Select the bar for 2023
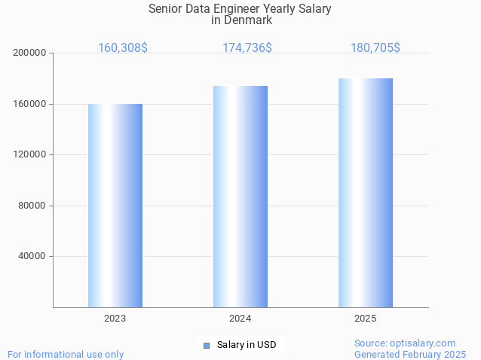[x=115, y=206]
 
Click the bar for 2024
[x=240, y=197]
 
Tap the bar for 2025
[x=366, y=193]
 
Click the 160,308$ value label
[x=123, y=48]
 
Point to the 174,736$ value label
[x=247, y=48]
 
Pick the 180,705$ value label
[x=375, y=48]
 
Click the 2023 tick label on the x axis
[x=115, y=319]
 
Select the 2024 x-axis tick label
[x=240, y=319]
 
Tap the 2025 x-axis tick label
[x=366, y=319]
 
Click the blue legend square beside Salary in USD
[x=207, y=346]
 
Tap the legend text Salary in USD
[x=247, y=346]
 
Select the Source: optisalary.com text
[x=405, y=343]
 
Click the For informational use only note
[x=66, y=354]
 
